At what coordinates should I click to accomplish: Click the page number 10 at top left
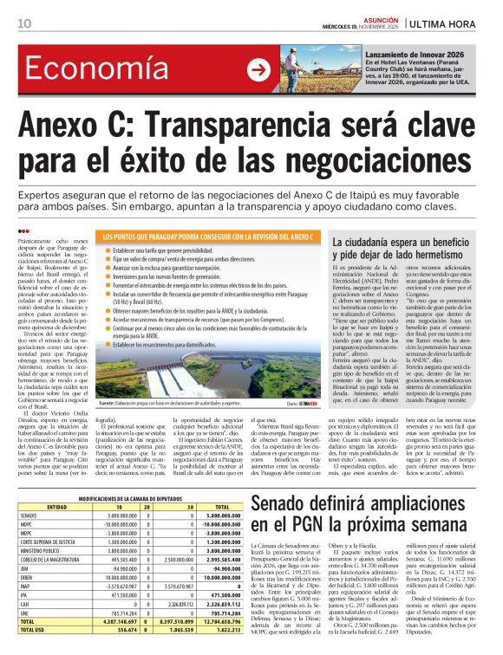point(24,23)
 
